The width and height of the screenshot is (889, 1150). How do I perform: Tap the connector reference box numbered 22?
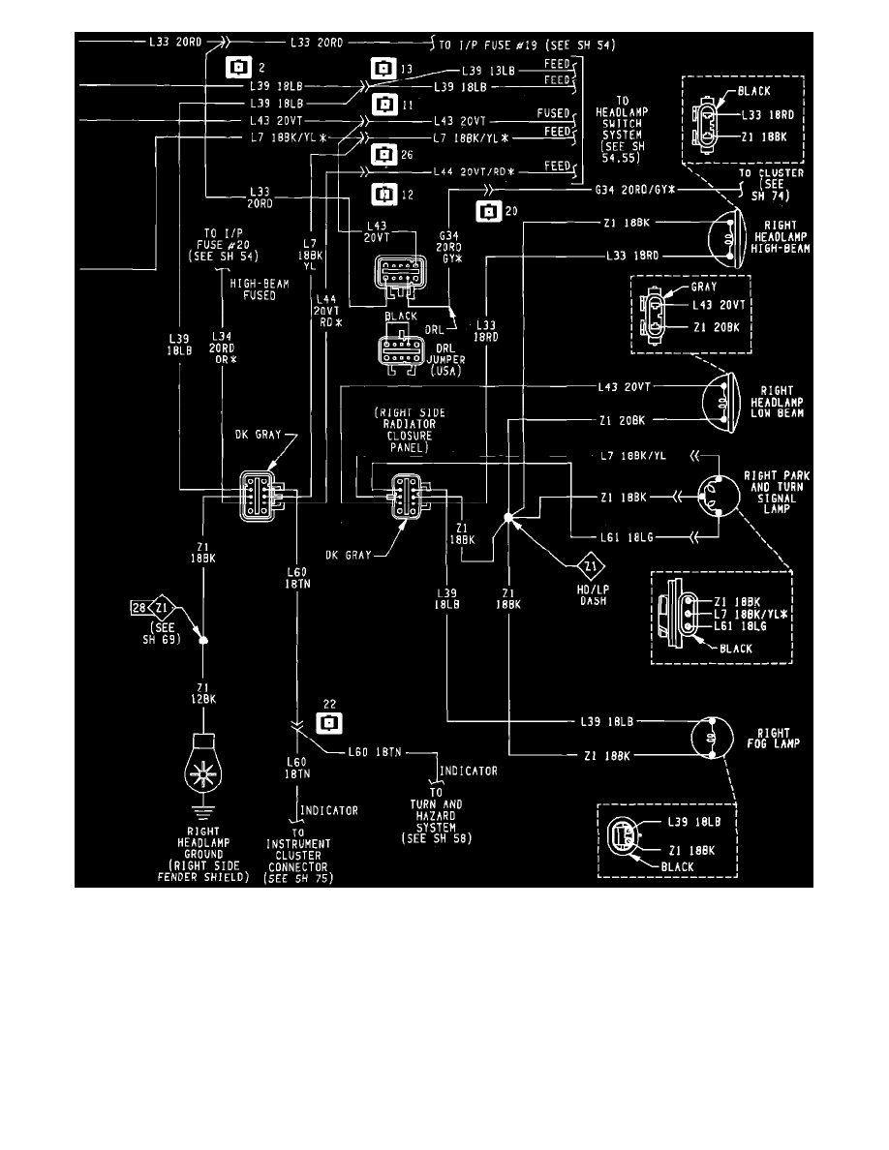[x=330, y=722]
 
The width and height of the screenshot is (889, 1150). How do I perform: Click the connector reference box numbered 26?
[x=384, y=153]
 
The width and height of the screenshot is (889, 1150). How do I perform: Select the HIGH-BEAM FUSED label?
[x=252, y=289]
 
